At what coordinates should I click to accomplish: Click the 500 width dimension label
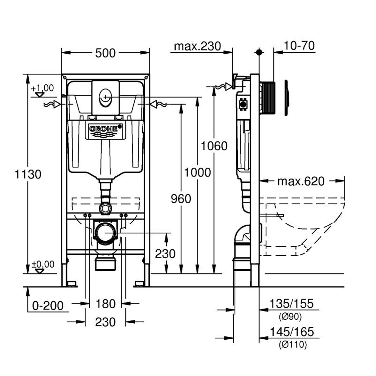(105, 53)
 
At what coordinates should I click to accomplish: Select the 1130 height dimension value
(28, 174)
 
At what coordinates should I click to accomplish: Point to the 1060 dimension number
(214, 146)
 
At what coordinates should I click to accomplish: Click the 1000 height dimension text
(198, 173)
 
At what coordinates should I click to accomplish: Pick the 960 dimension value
(181, 199)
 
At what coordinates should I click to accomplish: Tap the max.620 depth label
(301, 181)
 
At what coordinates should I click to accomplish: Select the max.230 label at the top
(197, 46)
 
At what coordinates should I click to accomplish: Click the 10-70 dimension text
(299, 46)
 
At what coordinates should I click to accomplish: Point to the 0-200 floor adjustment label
(48, 306)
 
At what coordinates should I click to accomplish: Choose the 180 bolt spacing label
(105, 304)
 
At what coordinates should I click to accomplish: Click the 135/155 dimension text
(291, 304)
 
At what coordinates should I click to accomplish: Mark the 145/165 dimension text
(292, 332)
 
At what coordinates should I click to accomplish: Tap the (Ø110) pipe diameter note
(293, 345)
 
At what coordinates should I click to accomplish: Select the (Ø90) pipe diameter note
(290, 317)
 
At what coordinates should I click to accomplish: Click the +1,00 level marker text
(42, 88)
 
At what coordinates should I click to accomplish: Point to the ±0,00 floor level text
(43, 264)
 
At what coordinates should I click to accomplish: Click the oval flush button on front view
(105, 98)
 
